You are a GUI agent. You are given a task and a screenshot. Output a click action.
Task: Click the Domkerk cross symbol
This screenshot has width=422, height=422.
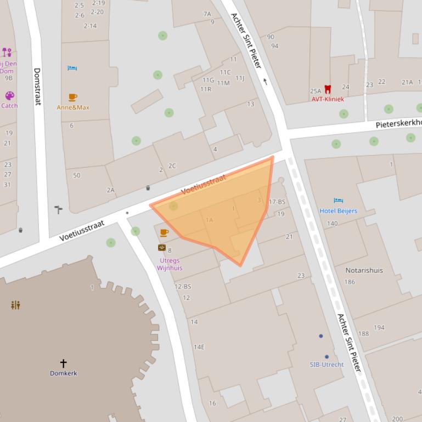point(63,363)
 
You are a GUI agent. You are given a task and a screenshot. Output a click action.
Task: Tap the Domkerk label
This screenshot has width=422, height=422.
point(64,373)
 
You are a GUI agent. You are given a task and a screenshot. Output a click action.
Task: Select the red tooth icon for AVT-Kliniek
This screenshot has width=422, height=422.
point(328,89)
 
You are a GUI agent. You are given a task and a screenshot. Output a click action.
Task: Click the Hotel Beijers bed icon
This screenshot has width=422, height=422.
point(339,201)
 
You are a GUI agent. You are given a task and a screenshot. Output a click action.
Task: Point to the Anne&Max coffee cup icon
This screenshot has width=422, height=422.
point(72,97)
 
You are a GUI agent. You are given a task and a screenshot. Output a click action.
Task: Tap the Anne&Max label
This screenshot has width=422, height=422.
point(73,107)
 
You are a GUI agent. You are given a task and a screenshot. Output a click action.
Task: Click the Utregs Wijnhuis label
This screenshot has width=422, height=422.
point(170,264)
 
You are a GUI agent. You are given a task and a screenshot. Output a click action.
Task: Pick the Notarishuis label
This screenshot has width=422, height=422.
point(364,270)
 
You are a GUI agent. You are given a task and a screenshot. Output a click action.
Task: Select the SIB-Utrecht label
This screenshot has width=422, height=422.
point(327,364)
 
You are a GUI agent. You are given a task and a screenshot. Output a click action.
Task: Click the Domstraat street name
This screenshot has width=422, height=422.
point(37,87)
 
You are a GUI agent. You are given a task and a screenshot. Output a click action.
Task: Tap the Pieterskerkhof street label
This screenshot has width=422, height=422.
point(398,123)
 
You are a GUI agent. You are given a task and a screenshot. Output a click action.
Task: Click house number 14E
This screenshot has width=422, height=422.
point(199,347)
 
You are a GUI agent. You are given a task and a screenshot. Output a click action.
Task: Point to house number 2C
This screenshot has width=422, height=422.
point(172,166)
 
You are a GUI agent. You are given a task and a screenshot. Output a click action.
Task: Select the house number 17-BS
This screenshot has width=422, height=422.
point(277,202)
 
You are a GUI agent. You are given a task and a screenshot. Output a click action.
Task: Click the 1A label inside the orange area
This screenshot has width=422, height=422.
point(209,220)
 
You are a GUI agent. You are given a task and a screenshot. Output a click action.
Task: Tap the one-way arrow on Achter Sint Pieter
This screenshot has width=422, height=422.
point(266,82)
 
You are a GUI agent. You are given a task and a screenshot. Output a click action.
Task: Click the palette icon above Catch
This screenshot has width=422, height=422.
point(9,95)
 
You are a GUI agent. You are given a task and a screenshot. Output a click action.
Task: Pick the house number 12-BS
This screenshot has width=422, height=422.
point(183,287)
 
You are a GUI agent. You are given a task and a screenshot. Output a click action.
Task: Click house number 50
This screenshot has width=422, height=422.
point(76,175)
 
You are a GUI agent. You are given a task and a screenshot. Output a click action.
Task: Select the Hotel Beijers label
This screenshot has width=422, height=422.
point(338,211)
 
